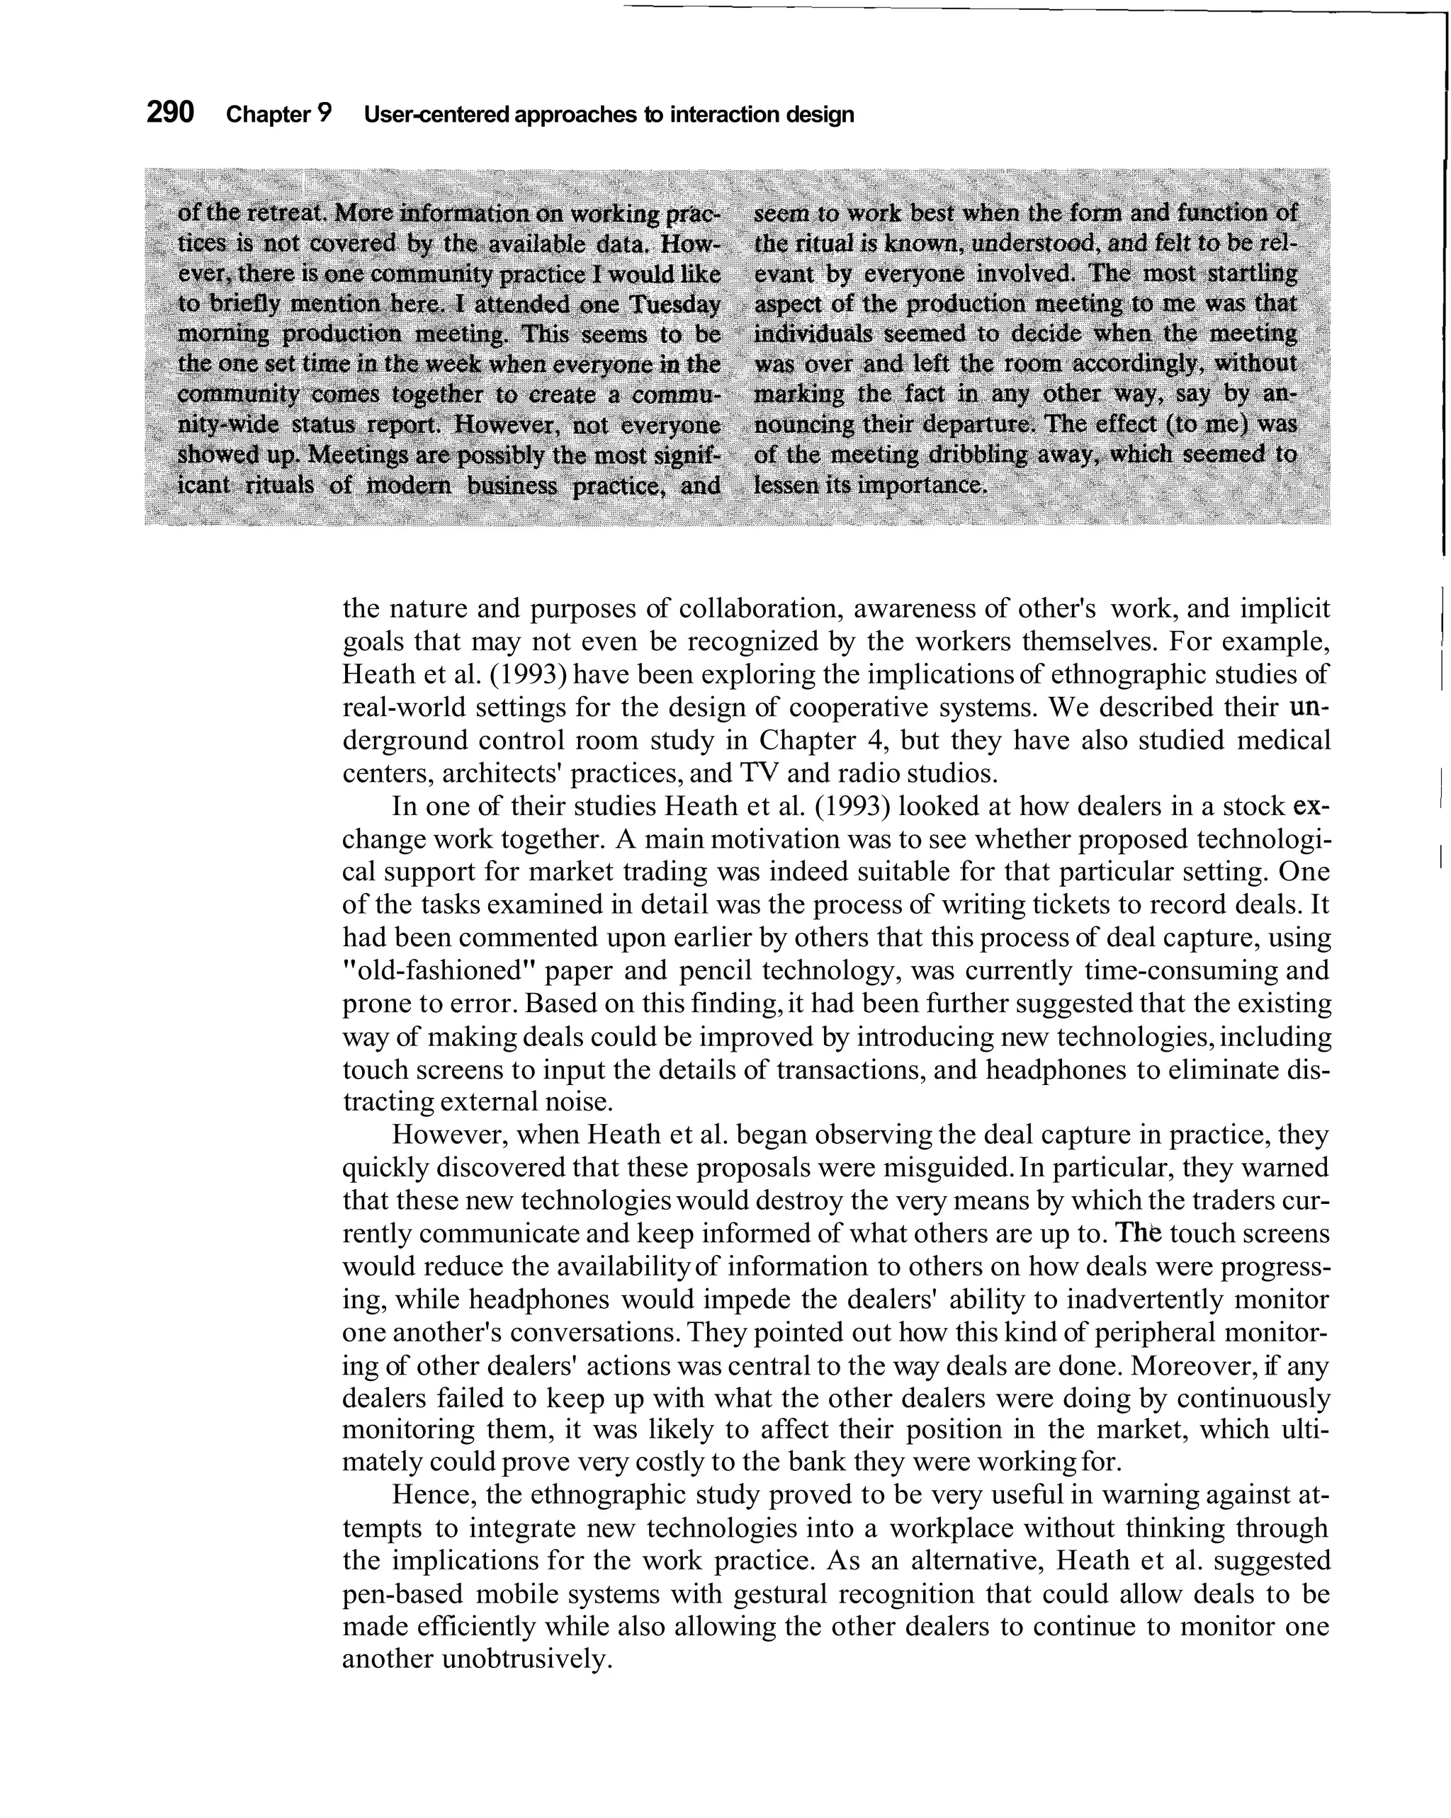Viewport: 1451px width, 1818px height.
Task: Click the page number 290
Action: pos(171,112)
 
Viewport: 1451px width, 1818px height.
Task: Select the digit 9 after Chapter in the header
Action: pos(324,114)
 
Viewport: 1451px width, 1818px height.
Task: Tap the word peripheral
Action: pos(1148,1332)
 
